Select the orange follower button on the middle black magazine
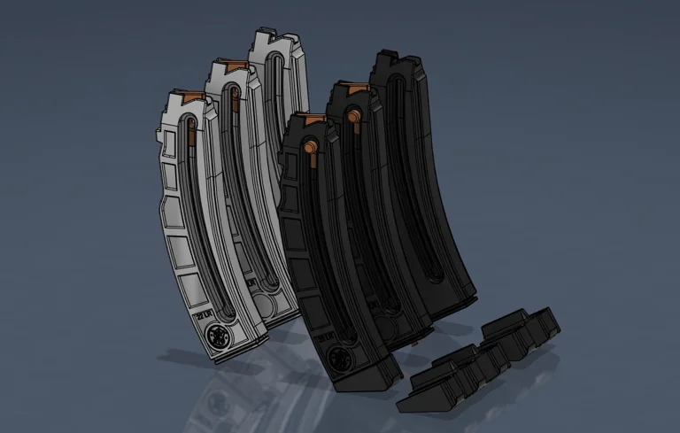352,115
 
